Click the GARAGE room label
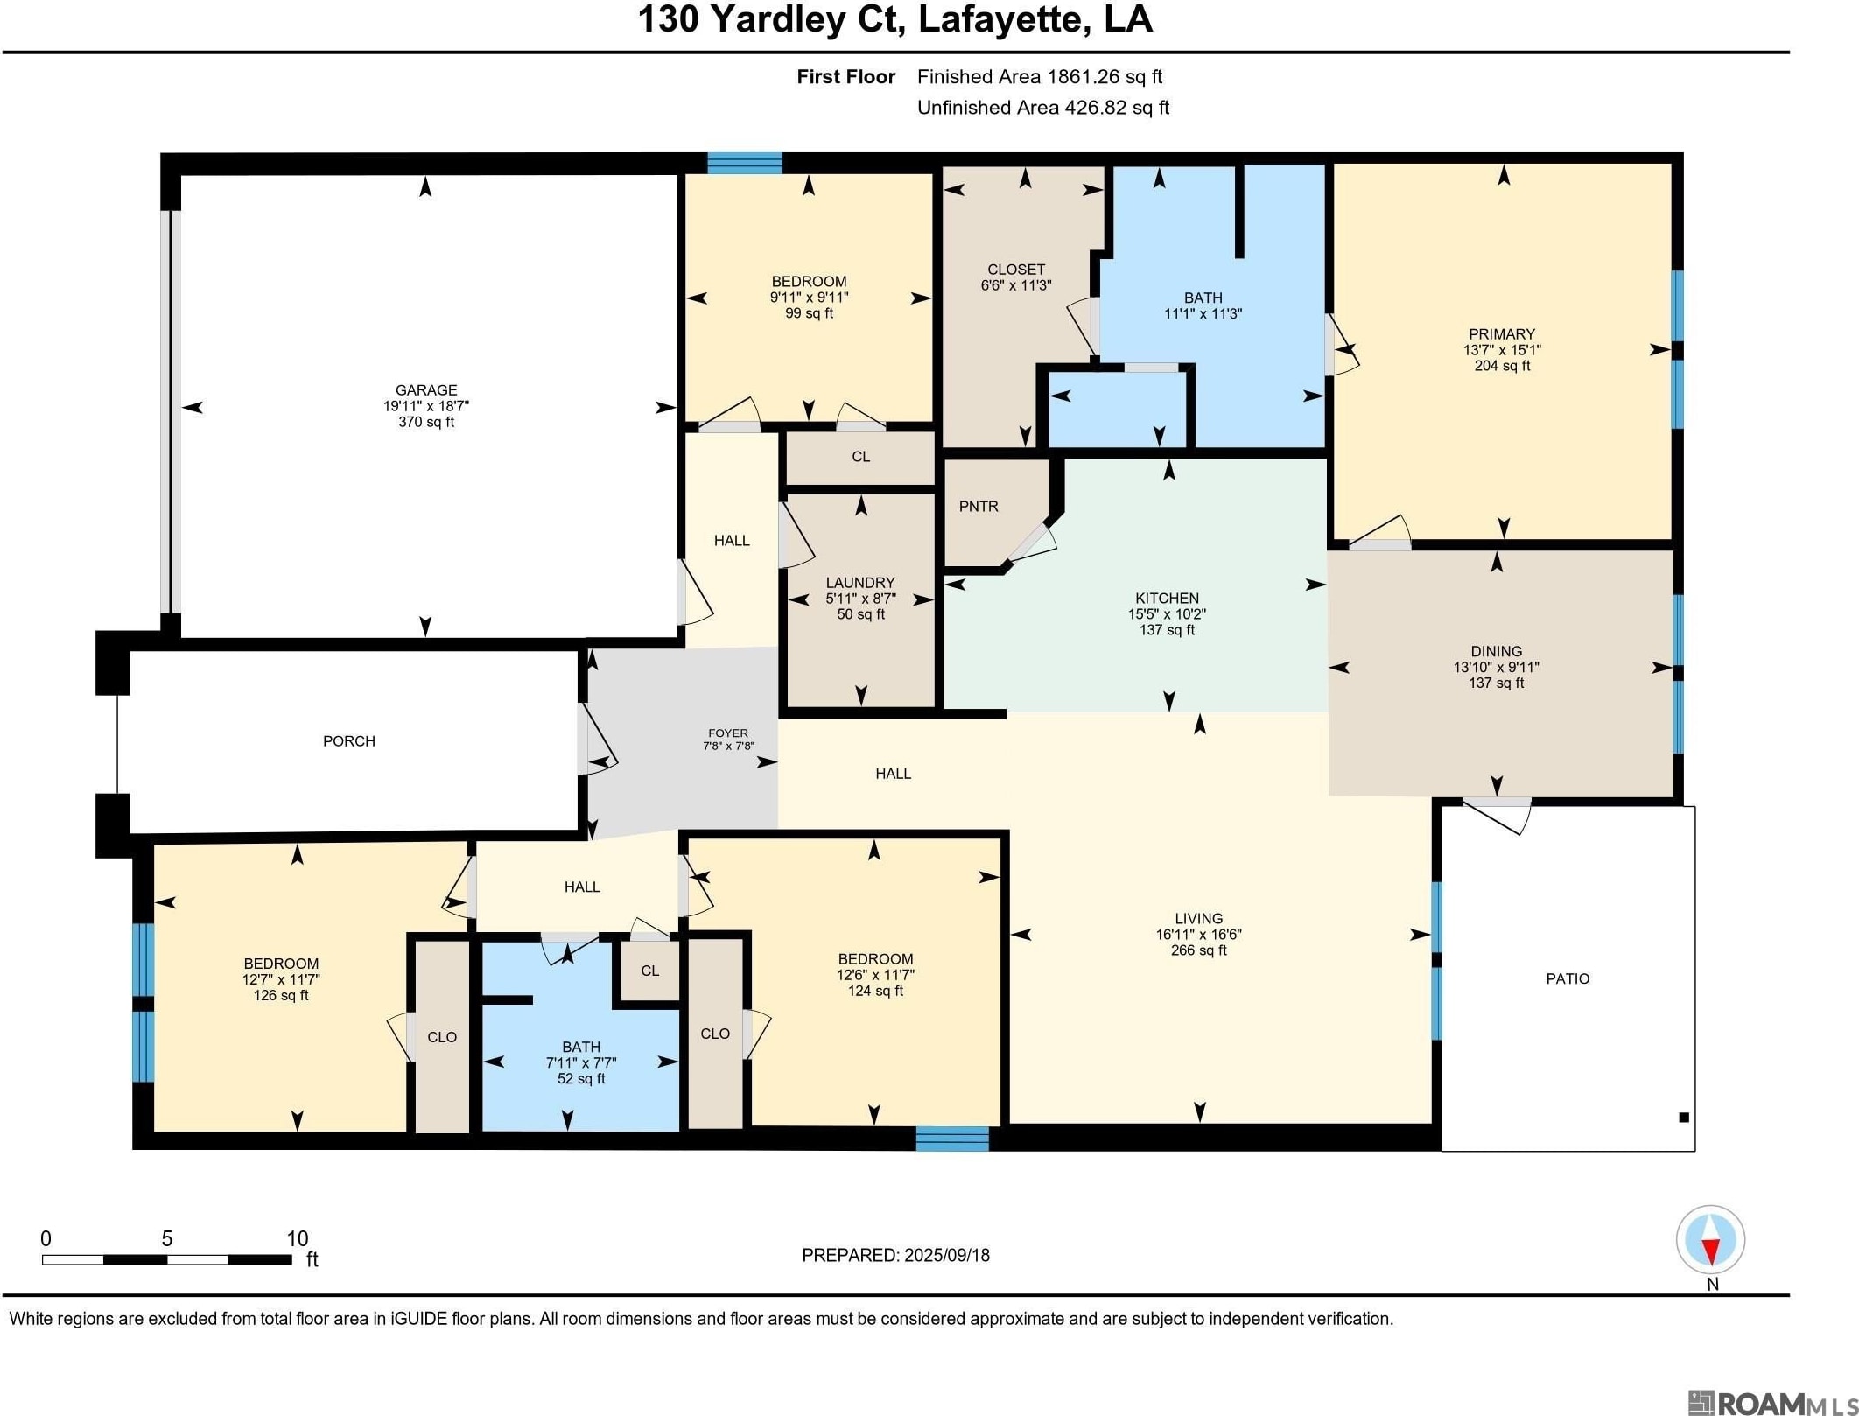[426, 390]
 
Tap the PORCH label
[349, 741]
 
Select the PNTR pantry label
[979, 507]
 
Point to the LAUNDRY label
[860, 583]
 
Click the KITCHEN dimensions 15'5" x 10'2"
[1167, 614]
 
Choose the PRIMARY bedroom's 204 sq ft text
[1502, 366]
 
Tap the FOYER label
[728, 733]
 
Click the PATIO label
[1568, 978]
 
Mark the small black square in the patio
[1683, 1117]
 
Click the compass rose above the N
[1710, 1240]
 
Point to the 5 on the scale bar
[167, 1239]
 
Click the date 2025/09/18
[946, 1255]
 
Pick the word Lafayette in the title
[998, 19]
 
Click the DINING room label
[1497, 651]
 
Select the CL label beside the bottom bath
[649, 971]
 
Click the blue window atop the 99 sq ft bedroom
[745, 163]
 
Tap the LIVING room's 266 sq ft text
[1199, 950]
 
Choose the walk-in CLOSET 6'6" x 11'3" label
[1016, 277]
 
